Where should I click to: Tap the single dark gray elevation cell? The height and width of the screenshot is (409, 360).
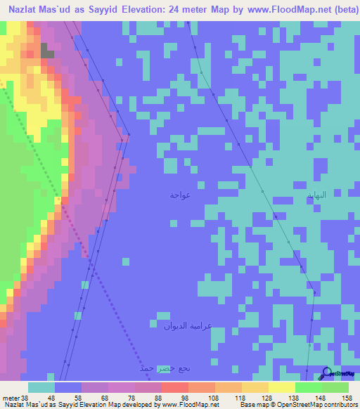click(46, 51)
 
